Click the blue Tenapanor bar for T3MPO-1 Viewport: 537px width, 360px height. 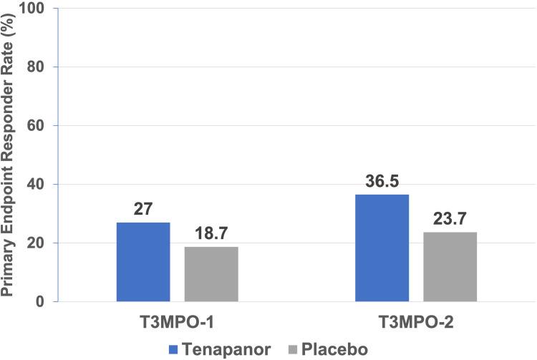(143, 262)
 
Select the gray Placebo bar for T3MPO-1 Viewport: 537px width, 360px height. (211, 274)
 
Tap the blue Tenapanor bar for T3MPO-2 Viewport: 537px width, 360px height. (382, 248)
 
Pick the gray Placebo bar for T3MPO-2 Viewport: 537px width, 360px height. (450, 267)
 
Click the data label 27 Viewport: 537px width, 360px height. (143, 211)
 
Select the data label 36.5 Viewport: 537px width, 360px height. (382, 183)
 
